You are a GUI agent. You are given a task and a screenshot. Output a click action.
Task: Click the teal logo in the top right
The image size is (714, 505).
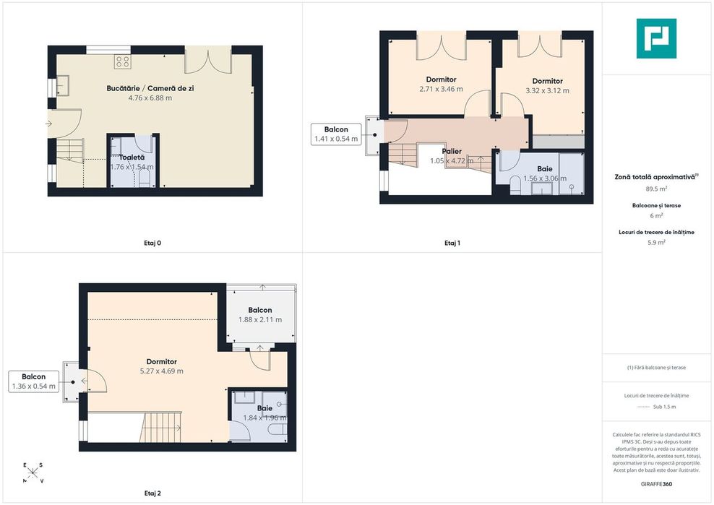656,38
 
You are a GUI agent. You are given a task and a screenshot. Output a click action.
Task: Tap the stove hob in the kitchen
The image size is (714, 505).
122,61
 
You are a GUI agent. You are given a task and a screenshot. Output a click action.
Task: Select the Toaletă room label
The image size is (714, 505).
132,157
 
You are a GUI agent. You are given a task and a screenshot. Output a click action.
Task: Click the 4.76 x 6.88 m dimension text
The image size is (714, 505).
150,98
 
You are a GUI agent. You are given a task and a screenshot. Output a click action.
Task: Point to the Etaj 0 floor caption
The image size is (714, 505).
152,243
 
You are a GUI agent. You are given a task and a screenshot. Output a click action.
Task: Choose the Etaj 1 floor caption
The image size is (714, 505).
452,243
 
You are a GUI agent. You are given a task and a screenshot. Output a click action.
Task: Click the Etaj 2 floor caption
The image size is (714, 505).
152,493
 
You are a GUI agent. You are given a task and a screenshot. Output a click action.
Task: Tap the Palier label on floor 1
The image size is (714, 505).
452,151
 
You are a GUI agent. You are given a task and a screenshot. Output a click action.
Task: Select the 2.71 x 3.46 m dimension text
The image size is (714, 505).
442,90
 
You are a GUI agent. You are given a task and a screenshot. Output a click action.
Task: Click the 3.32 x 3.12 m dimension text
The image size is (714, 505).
547,90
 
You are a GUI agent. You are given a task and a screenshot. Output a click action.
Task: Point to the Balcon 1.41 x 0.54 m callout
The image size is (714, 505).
336,134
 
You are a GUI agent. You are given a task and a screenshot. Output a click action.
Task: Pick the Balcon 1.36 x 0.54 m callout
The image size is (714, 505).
34,381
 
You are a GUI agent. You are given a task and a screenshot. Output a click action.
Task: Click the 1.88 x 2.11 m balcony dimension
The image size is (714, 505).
260,319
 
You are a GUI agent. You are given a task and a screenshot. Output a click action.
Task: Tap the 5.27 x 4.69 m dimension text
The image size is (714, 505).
162,371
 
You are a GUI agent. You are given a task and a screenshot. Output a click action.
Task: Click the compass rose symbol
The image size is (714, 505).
33,472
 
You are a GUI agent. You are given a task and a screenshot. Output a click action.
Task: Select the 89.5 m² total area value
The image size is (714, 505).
656,189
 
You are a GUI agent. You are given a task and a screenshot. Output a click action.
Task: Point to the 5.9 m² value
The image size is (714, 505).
656,243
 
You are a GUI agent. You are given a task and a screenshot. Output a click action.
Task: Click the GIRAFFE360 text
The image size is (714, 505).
656,484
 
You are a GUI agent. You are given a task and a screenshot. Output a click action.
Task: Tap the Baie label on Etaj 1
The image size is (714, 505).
545,169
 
